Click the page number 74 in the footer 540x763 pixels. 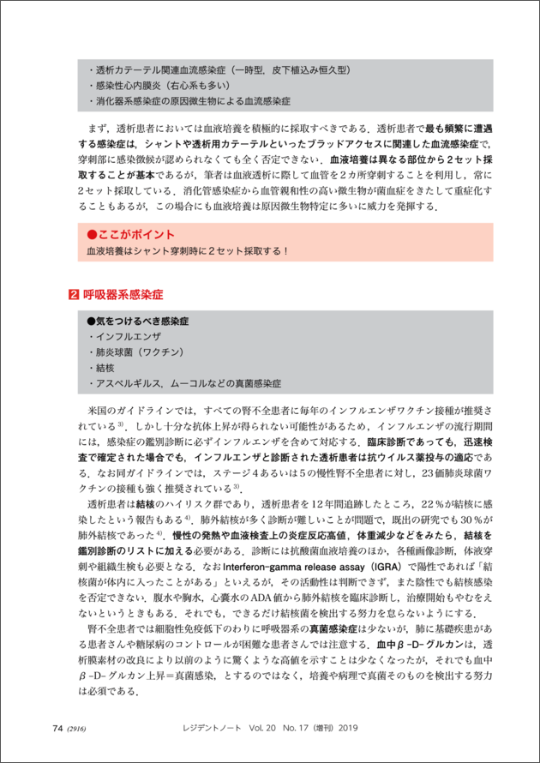57,728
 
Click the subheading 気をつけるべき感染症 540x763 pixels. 137,320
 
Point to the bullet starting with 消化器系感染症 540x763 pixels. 193,102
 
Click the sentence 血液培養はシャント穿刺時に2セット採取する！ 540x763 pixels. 182,251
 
